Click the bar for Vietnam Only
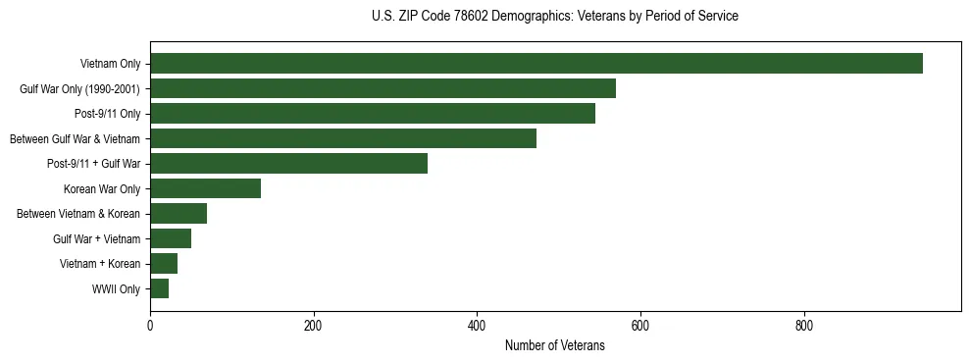tap(536, 64)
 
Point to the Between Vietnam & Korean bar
tap(178, 214)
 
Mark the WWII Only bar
tap(159, 288)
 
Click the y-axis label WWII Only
tap(116, 289)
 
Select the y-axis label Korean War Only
tap(102, 189)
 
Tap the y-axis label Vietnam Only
tap(110, 65)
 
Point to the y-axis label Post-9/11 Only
tap(107, 115)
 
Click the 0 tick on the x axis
tap(150, 326)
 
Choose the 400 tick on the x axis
tap(477, 326)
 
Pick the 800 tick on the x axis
tap(803, 326)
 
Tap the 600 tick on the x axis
tap(639, 326)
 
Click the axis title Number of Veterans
tap(554, 345)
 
